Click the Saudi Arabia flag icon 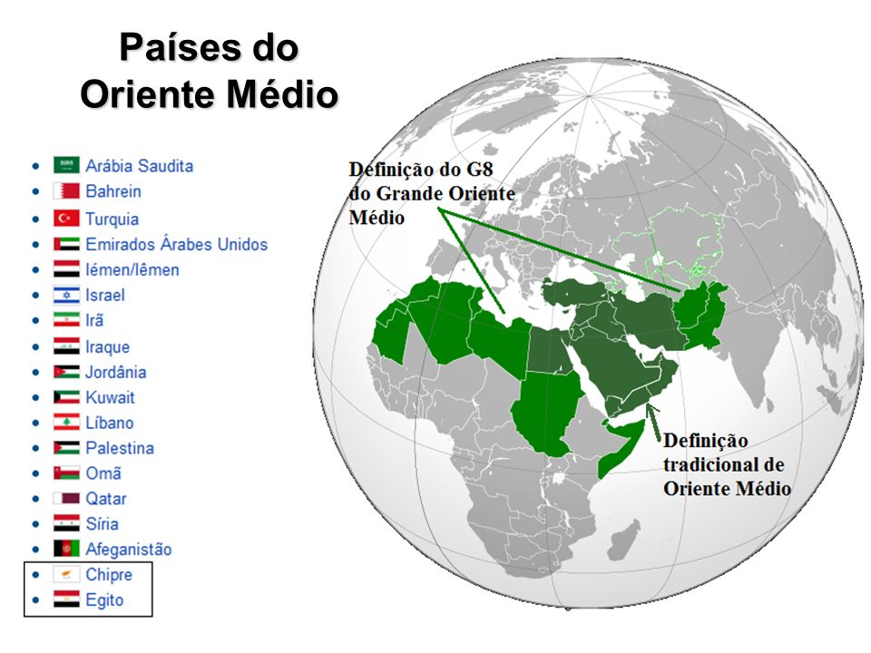[x=66, y=165]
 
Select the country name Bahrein [x=113, y=191]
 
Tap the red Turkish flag [x=66, y=219]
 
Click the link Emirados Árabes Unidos [x=176, y=244]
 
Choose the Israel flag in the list [x=66, y=295]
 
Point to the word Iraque [x=107, y=346]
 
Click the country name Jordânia [x=115, y=372]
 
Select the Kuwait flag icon [x=66, y=397]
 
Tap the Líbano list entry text [x=109, y=423]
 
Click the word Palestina [x=119, y=448]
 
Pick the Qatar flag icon [x=66, y=498]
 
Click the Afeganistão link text [x=128, y=549]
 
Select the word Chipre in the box [x=108, y=574]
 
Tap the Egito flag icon [x=66, y=599]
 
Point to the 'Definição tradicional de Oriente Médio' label [x=726, y=464]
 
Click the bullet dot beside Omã [x=34, y=473]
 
